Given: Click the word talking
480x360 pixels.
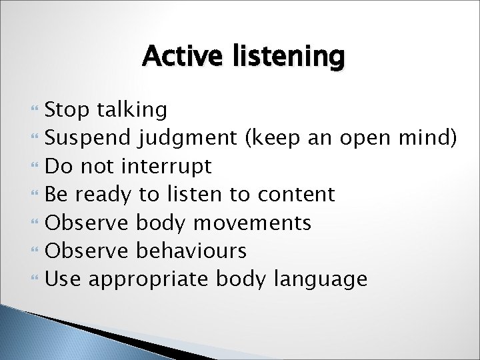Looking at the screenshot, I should pyautogui.click(x=132, y=109).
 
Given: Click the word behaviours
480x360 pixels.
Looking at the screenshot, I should pyautogui.click(x=191, y=251).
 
